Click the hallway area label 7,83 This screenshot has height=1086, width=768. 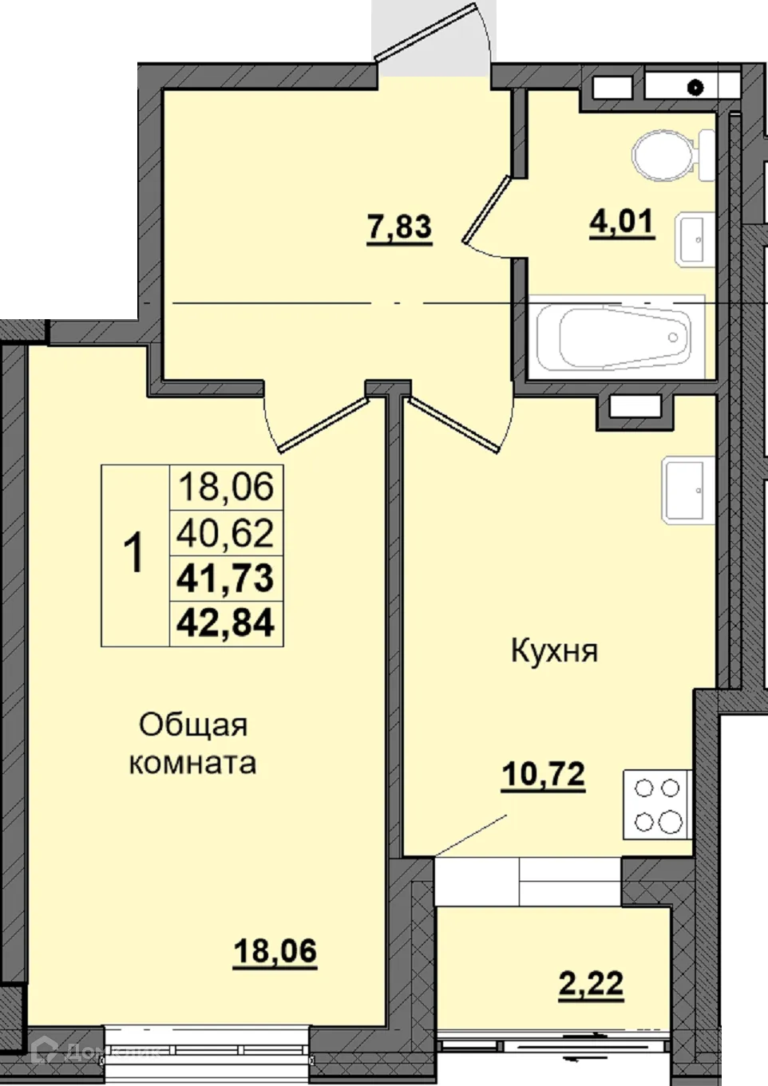[399, 227]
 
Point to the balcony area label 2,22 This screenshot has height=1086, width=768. [591, 983]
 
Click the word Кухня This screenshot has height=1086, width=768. [554, 651]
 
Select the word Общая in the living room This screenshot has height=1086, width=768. [193, 725]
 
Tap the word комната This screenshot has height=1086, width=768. [193, 763]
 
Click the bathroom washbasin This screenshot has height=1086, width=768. [693, 238]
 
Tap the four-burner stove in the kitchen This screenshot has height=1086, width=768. [657, 804]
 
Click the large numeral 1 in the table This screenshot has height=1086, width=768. [135, 554]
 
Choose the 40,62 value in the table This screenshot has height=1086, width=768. [226, 532]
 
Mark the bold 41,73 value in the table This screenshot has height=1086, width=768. [226, 577]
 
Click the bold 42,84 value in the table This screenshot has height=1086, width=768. [226, 622]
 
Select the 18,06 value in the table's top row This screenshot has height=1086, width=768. [226, 486]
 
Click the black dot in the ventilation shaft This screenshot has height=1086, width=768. [697, 87]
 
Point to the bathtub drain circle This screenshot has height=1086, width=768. [675, 338]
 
